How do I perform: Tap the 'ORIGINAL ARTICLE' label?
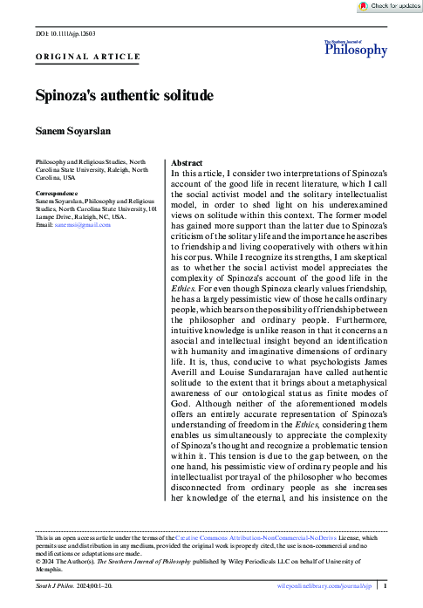87,57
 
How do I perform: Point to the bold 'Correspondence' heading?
57,193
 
